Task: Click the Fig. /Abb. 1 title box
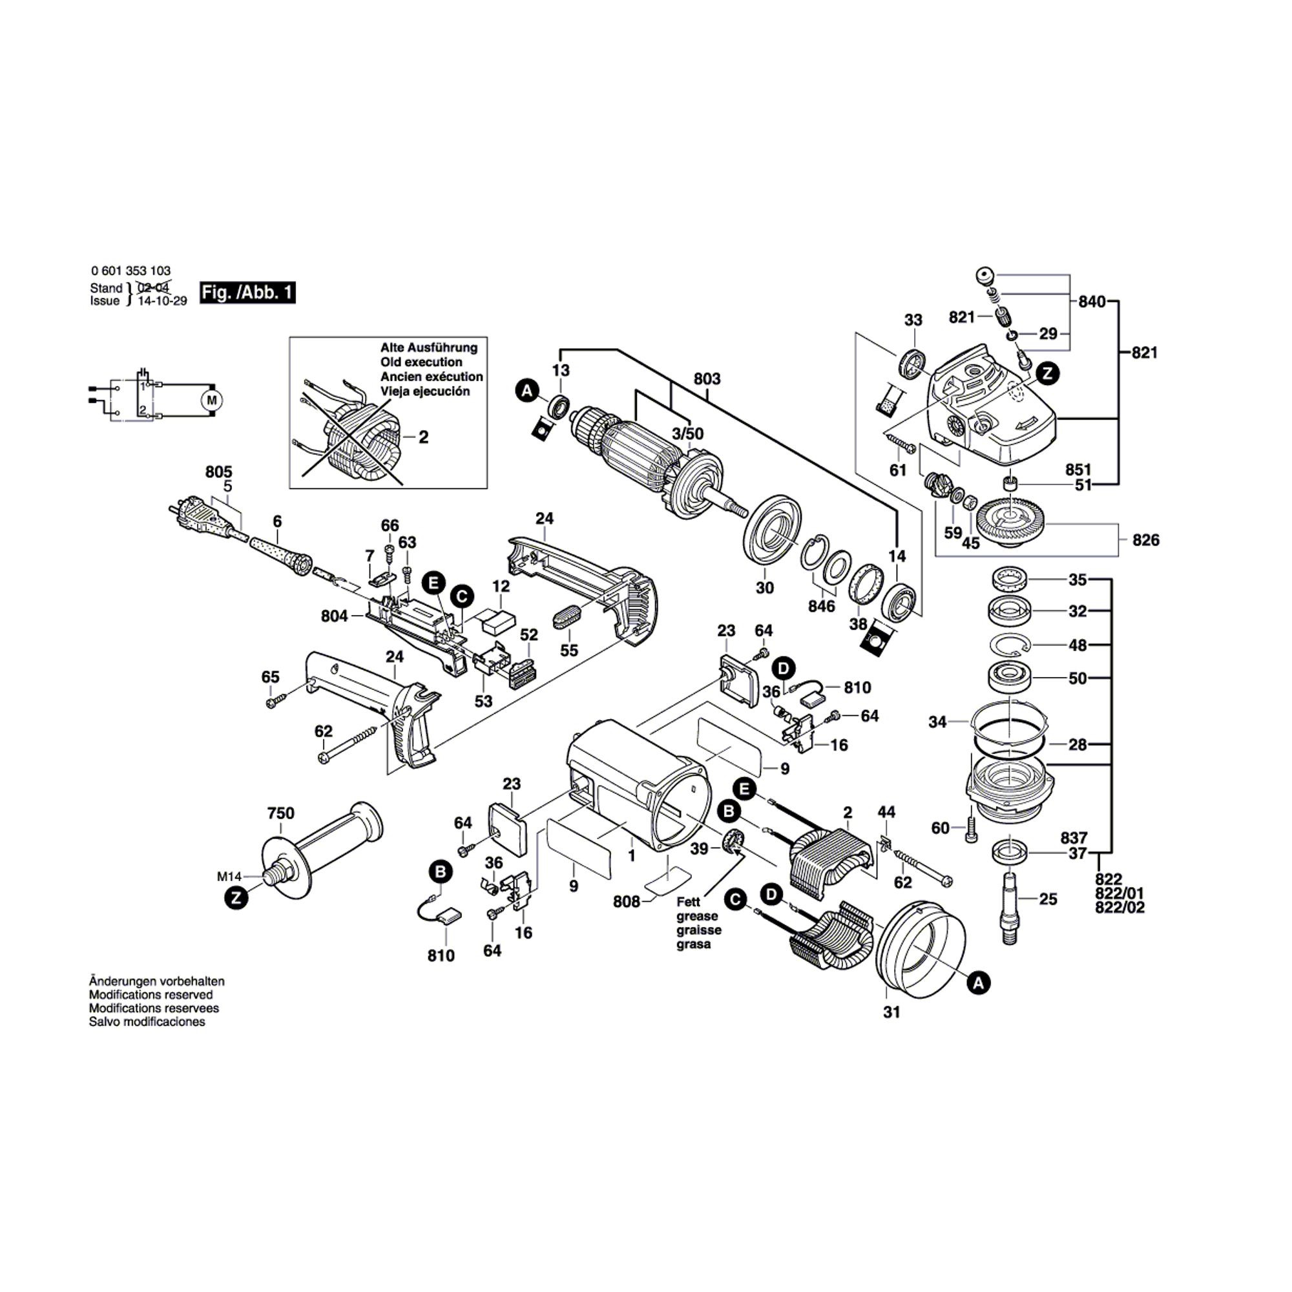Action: pos(247,293)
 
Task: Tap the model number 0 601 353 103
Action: pos(130,271)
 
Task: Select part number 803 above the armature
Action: pos(707,379)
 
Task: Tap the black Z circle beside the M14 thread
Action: pos(235,897)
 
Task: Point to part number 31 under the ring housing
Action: pos(891,1012)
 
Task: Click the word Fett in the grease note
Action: pos(688,901)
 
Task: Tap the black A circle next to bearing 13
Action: pos(528,391)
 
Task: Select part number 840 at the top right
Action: pos(1092,302)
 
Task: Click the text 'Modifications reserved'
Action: pos(151,995)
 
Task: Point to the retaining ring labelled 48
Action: pos(1010,645)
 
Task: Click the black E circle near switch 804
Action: pos(434,583)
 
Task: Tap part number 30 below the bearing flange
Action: pos(764,587)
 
